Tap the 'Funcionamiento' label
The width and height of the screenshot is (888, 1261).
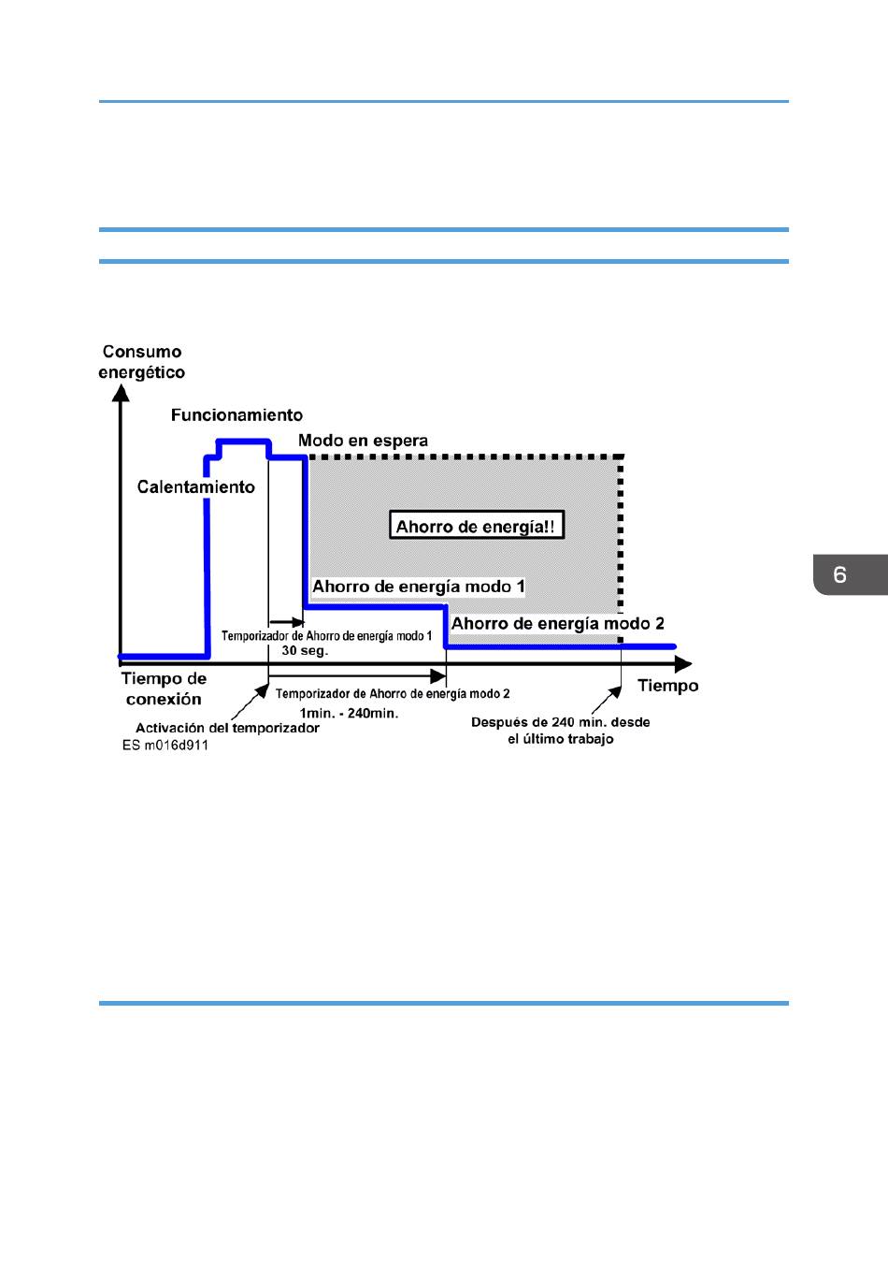pyautogui.click(x=236, y=415)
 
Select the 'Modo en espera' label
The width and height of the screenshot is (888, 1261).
pyautogui.click(x=363, y=441)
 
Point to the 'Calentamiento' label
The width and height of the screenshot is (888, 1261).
pyautogui.click(x=195, y=486)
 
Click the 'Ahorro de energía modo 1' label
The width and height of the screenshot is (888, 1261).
pyautogui.click(x=419, y=587)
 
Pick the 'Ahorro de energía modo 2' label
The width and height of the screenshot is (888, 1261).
pyautogui.click(x=557, y=623)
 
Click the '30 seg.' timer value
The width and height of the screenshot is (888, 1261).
pyautogui.click(x=305, y=651)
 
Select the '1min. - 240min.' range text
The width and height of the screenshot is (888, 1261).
pyautogui.click(x=349, y=713)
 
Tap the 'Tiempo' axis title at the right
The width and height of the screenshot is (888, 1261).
pyautogui.click(x=668, y=686)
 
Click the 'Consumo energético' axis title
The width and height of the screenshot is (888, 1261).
pyautogui.click(x=141, y=362)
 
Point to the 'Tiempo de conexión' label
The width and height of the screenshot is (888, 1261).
pyautogui.click(x=164, y=688)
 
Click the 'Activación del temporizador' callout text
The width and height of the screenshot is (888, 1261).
pyautogui.click(x=227, y=728)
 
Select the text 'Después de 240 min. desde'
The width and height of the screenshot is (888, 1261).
pyautogui.click(x=560, y=722)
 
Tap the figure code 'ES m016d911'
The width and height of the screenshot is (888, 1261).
pyautogui.click(x=165, y=746)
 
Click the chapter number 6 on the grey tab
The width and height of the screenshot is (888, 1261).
pyautogui.click(x=839, y=574)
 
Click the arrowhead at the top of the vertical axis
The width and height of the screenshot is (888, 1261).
pyautogui.click(x=121, y=393)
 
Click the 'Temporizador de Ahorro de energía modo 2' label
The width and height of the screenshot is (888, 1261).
pyautogui.click(x=393, y=693)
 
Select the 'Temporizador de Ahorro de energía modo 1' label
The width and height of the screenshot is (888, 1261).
pyautogui.click(x=327, y=636)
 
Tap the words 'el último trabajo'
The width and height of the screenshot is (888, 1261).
pyautogui.click(x=560, y=739)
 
